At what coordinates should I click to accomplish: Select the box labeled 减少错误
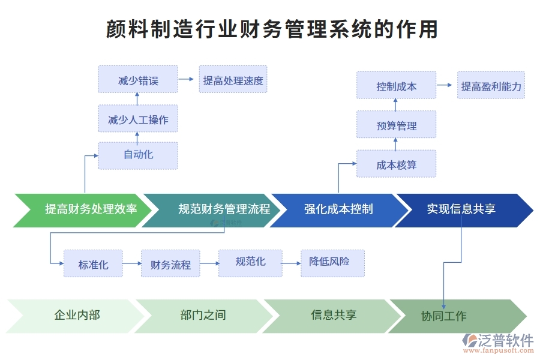pyautogui.click(x=138, y=80)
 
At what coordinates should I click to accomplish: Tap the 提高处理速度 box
pyautogui.click(x=233, y=80)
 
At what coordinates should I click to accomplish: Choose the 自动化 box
pyautogui.click(x=138, y=155)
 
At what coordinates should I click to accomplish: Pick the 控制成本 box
pyautogui.click(x=396, y=86)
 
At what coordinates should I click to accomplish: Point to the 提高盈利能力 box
pyautogui.click(x=491, y=86)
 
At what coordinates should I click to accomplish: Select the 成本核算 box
pyautogui.click(x=396, y=164)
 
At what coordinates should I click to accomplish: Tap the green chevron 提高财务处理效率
pyautogui.click(x=84, y=210)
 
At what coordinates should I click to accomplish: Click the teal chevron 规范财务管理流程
pyautogui.click(x=216, y=210)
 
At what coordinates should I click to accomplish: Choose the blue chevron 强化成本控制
pyautogui.click(x=339, y=210)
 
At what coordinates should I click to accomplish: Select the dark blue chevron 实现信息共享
pyautogui.click(x=462, y=210)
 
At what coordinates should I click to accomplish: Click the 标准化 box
pyautogui.click(x=93, y=263)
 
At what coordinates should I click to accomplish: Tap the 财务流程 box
pyautogui.click(x=170, y=263)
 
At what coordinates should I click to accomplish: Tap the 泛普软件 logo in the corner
pyautogui.click(x=499, y=343)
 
